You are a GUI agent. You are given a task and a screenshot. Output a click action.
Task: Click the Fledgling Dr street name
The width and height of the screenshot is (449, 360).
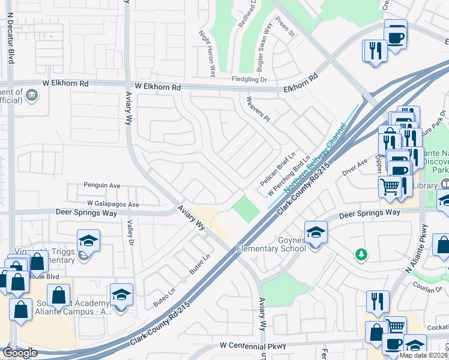[x=249, y=79]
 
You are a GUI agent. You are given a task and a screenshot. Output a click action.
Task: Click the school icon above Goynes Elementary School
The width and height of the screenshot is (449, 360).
[x=316, y=230]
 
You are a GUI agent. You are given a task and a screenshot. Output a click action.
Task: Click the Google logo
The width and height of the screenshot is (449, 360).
[x=19, y=353]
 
